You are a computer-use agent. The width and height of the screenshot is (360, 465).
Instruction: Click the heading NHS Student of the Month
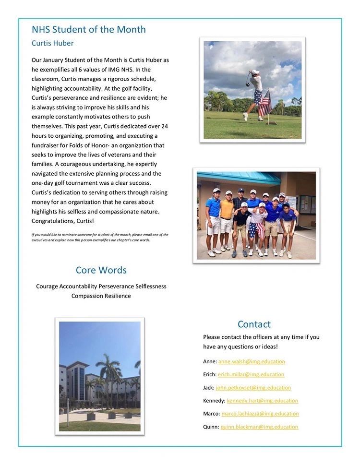[x=89, y=30]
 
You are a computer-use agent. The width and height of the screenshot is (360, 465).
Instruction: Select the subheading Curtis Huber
[x=53, y=43]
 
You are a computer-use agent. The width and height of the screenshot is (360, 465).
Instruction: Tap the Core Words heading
[x=101, y=270]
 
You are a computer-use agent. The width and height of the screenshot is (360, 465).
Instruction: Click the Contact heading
[x=254, y=324]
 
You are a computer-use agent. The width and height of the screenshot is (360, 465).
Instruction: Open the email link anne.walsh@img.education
[x=252, y=361]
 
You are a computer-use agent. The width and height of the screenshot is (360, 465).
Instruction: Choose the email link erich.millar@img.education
[x=251, y=374]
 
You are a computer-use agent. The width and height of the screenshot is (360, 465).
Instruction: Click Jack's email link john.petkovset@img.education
[x=253, y=387]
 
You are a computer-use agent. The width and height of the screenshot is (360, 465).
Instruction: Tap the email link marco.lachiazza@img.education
[x=260, y=413]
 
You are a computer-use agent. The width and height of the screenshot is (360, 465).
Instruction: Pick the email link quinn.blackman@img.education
[x=259, y=427]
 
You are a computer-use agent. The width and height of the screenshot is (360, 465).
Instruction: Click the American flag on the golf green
[x=264, y=103]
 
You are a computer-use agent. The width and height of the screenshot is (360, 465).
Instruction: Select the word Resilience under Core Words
[x=115, y=296]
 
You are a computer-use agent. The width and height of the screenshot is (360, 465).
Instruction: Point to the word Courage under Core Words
[x=47, y=286]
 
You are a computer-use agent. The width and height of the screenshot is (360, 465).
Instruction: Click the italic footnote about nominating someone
[x=100, y=237]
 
